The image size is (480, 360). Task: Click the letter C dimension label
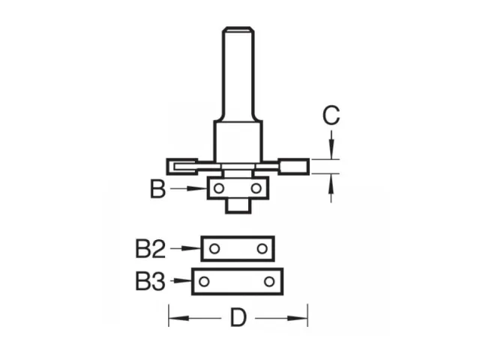(331, 115)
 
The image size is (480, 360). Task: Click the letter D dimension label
(238, 318)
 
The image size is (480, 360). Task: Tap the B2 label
(150, 249)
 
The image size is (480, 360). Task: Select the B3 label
(150, 282)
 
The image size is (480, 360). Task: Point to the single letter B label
(158, 189)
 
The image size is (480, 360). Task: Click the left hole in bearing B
(219, 188)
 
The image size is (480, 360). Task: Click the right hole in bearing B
(256, 188)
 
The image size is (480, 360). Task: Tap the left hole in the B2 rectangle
(214, 248)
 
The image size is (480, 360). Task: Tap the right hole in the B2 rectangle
(262, 248)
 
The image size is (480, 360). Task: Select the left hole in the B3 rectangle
(204, 281)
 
